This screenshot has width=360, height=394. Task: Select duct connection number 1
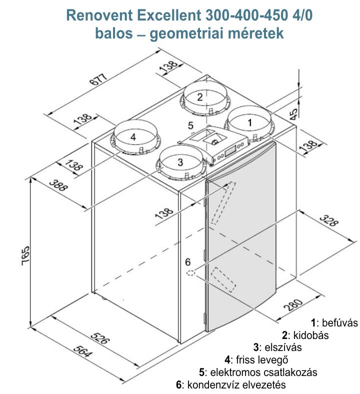click(250, 120)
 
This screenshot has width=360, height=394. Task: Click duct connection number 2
click(199, 97)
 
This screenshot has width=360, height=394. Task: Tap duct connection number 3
click(180, 161)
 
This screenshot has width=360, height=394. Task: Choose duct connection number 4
click(132, 136)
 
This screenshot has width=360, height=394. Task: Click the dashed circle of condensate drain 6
click(191, 273)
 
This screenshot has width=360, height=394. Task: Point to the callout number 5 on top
click(190, 125)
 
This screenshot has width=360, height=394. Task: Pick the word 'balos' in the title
click(113, 34)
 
